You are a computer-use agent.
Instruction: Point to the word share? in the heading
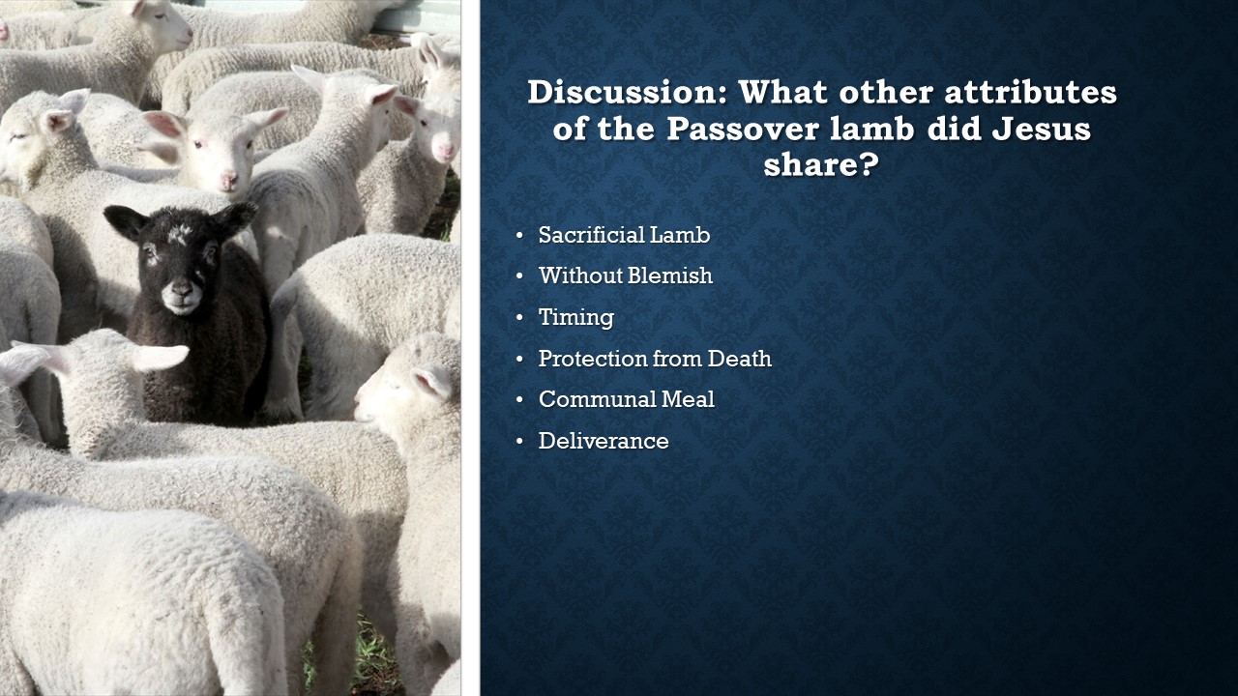pyautogui.click(x=821, y=164)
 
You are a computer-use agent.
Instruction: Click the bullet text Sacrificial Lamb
pyautogui.click(x=624, y=235)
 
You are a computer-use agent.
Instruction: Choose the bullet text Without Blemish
pyautogui.click(x=626, y=275)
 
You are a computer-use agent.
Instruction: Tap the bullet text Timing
pyautogui.click(x=575, y=317)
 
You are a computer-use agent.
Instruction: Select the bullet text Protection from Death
pyautogui.click(x=655, y=359)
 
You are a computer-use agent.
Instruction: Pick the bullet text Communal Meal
pyautogui.click(x=626, y=399)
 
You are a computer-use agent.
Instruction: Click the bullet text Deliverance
pyautogui.click(x=604, y=441)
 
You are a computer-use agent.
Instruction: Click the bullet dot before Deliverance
pyautogui.click(x=519, y=442)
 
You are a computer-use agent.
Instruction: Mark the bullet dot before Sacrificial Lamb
pyautogui.click(x=519, y=235)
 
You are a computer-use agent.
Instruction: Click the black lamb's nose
pyautogui.click(x=181, y=289)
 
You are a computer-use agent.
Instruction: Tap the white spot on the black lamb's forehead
pyautogui.click(x=179, y=234)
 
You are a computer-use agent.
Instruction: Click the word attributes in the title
pyautogui.click(x=1030, y=92)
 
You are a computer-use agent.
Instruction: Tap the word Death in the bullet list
pyautogui.click(x=740, y=359)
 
